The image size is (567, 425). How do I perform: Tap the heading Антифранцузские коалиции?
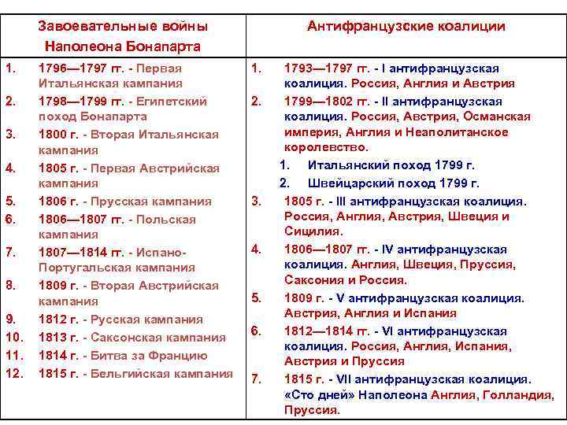(x=406, y=26)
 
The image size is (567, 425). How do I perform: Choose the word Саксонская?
(x=127, y=337)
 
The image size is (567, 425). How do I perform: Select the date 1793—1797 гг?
(x=323, y=68)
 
